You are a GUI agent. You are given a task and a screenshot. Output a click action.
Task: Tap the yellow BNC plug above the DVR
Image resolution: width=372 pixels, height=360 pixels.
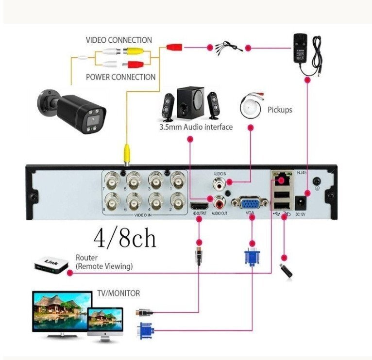pos(126,154)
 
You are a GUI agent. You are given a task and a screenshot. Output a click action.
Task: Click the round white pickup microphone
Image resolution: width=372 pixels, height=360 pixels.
pos(251,108)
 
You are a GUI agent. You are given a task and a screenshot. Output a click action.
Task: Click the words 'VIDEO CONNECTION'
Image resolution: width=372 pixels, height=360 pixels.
pos(119,40)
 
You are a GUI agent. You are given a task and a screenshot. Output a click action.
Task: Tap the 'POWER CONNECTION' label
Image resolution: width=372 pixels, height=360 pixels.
pos(121,77)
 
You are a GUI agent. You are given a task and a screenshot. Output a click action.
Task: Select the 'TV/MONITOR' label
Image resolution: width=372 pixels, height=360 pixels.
pos(119,293)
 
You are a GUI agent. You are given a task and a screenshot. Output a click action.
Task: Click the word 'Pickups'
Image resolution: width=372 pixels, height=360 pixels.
pos(280,110)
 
